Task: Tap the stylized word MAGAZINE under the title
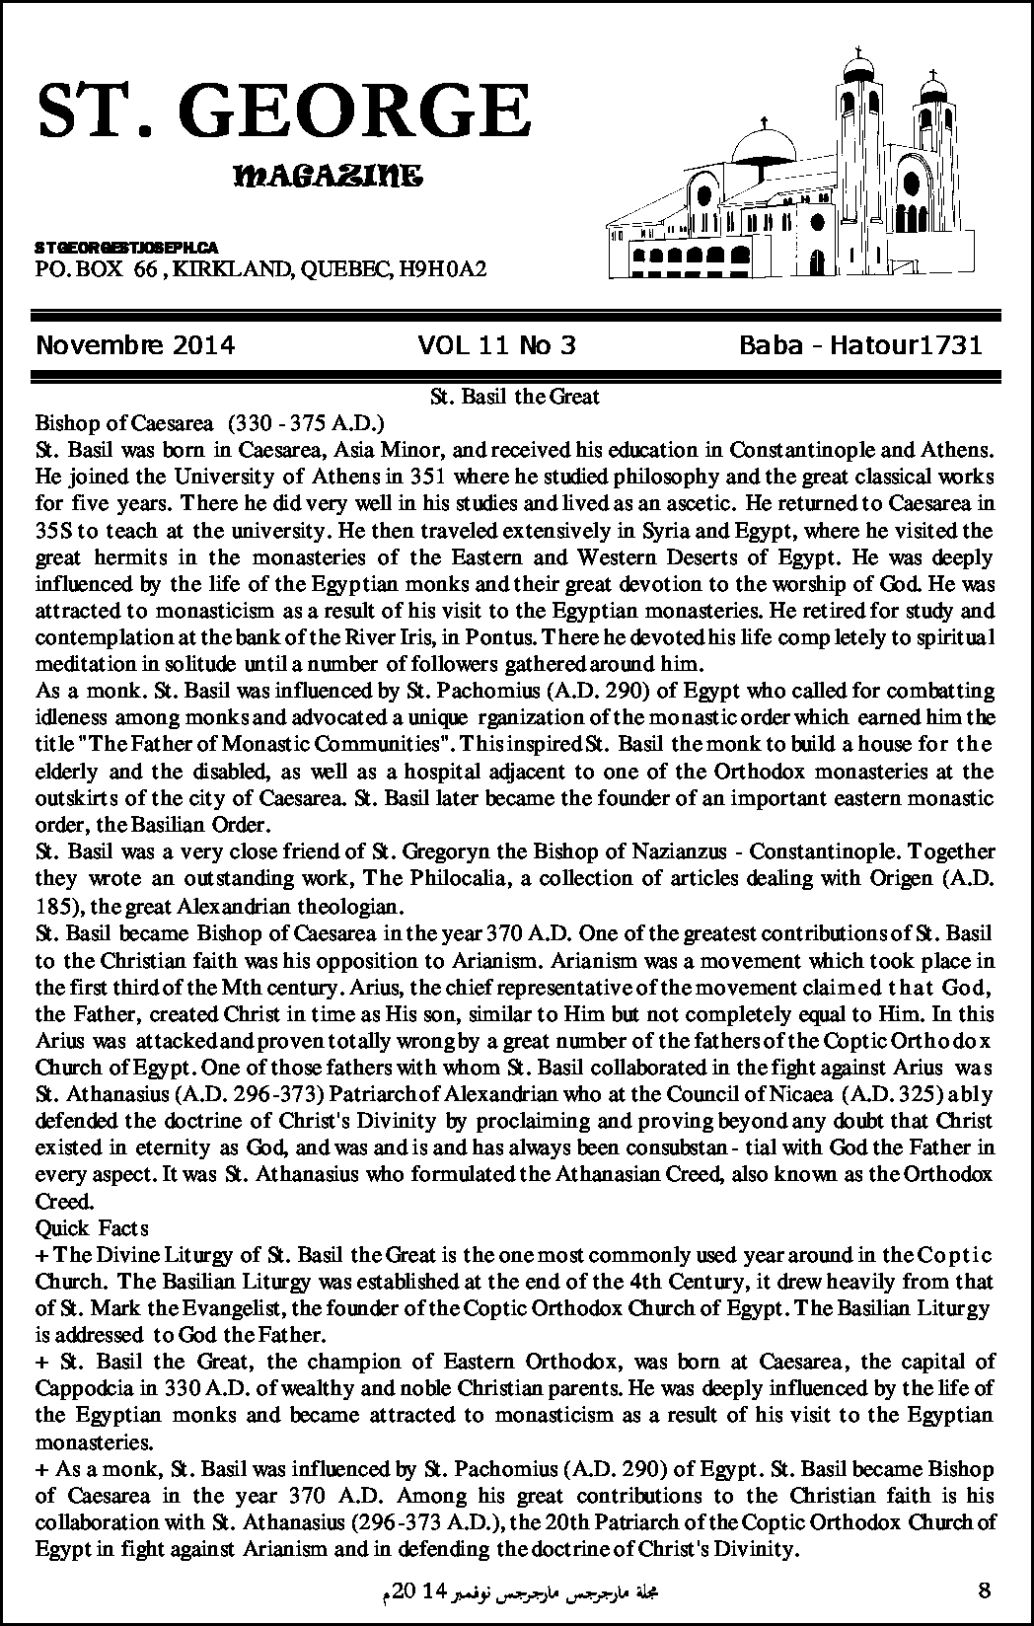tap(329, 178)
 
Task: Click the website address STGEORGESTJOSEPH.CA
tap(126, 245)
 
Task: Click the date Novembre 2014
tap(135, 345)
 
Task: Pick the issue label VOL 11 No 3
tap(496, 345)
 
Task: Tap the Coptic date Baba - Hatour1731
tap(860, 345)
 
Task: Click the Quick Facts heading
tap(92, 1227)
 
